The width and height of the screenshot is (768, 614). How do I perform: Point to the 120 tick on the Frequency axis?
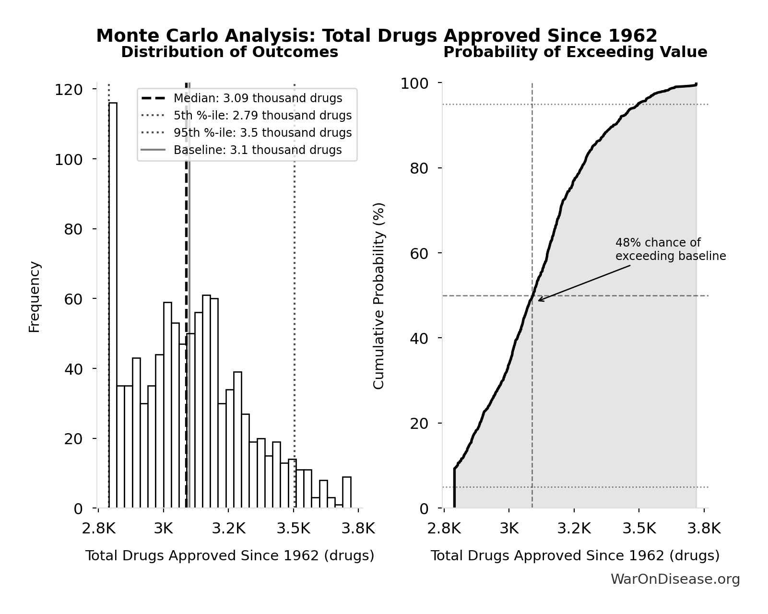pos(69,90)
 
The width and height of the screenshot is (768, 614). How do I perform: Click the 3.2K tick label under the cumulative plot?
pos(574,529)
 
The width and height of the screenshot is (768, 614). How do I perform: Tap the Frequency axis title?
pos(35,297)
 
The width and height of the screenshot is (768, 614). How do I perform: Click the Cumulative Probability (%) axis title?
pos(379,296)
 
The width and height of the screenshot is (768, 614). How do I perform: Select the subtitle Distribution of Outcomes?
pos(229,52)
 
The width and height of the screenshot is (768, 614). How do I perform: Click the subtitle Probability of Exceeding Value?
pos(575,52)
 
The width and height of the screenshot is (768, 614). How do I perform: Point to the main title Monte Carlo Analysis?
pos(377,36)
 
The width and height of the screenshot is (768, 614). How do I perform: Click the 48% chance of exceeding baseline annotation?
pos(670,249)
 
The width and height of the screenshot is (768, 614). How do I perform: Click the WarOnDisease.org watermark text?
pos(675,579)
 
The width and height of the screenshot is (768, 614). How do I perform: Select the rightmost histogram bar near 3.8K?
pos(347,492)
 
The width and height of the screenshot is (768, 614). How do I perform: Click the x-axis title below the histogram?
pos(229,556)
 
